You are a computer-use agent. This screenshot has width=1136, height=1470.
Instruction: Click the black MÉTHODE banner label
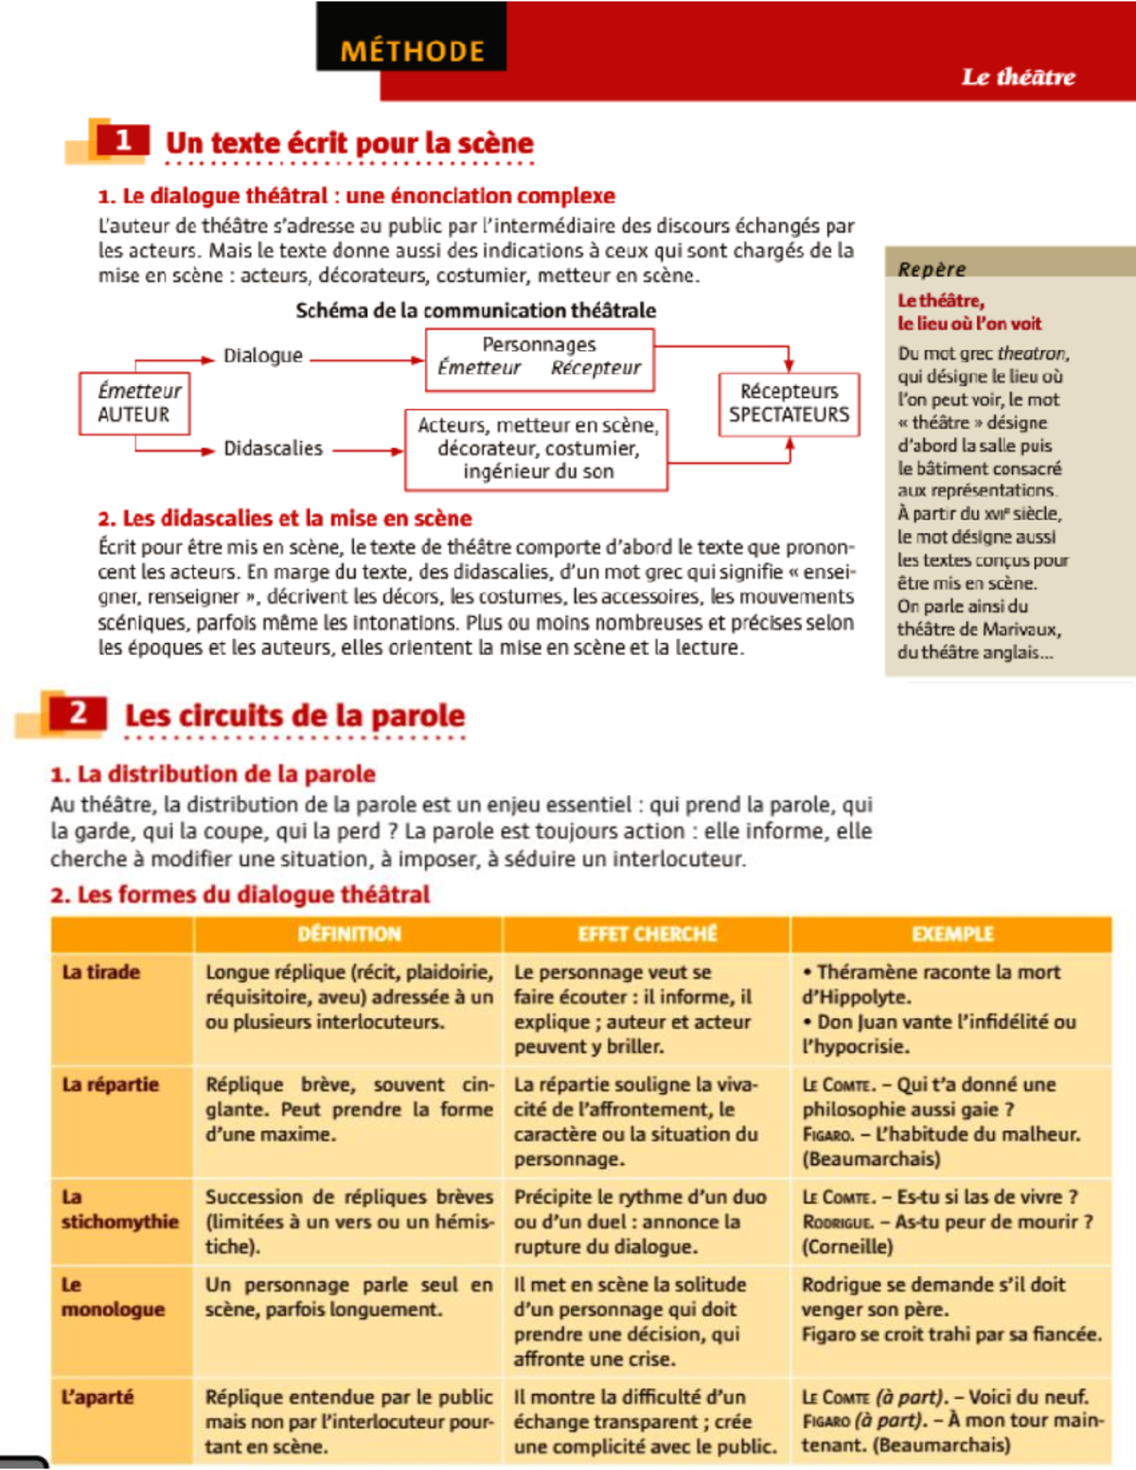412,50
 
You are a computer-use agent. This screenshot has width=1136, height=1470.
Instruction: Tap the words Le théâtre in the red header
1018,77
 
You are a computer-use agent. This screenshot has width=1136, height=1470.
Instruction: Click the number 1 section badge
122,141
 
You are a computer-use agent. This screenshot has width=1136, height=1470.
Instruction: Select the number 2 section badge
78,713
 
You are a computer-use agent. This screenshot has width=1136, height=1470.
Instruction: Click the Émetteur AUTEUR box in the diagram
134,403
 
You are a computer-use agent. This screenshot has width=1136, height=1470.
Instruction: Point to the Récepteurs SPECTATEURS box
789,403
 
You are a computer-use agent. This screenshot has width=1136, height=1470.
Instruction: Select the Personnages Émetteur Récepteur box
539,358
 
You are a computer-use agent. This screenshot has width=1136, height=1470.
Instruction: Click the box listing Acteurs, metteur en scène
537,449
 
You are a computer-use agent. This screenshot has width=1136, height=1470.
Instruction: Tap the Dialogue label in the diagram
263,356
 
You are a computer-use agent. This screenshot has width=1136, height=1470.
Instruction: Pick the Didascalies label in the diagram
273,449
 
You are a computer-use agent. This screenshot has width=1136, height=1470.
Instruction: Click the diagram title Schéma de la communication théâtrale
475,310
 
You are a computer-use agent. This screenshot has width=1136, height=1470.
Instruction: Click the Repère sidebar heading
932,269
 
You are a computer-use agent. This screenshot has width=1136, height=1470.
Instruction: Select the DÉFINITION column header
348,934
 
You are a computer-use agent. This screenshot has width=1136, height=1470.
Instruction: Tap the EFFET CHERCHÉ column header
648,934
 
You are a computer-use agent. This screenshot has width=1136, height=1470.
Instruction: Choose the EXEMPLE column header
951,934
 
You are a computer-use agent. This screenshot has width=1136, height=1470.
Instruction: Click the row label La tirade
100,972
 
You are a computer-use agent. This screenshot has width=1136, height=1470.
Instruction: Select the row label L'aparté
98,1397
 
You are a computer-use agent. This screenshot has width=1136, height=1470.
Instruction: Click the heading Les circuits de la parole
294,716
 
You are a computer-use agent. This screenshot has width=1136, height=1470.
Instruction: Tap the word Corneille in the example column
847,1247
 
